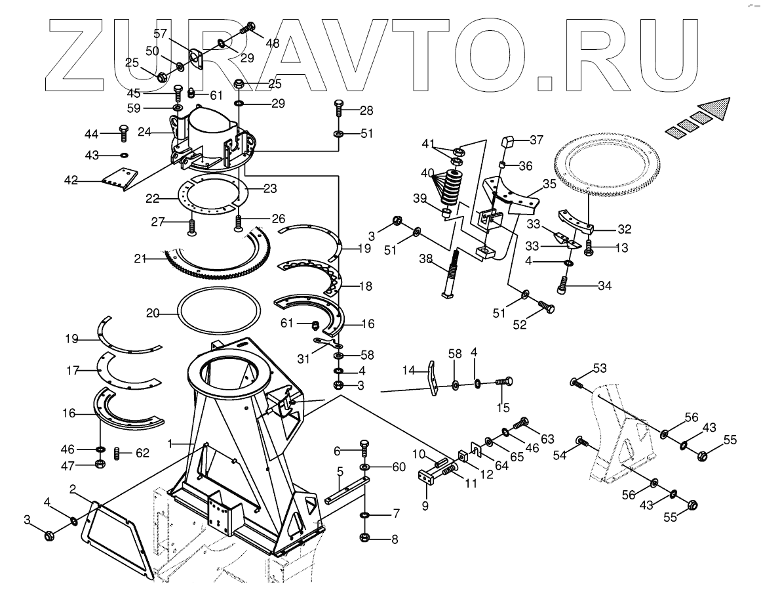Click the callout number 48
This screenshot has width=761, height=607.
[x=272, y=43]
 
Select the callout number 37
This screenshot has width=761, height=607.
[x=536, y=139]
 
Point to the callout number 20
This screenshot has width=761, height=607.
[x=153, y=314]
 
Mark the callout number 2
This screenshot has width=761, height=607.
[x=73, y=488]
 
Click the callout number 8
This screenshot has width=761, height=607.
[x=394, y=540]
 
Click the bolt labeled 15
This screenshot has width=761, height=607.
[x=504, y=381]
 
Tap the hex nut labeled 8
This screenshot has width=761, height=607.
[x=365, y=539]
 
